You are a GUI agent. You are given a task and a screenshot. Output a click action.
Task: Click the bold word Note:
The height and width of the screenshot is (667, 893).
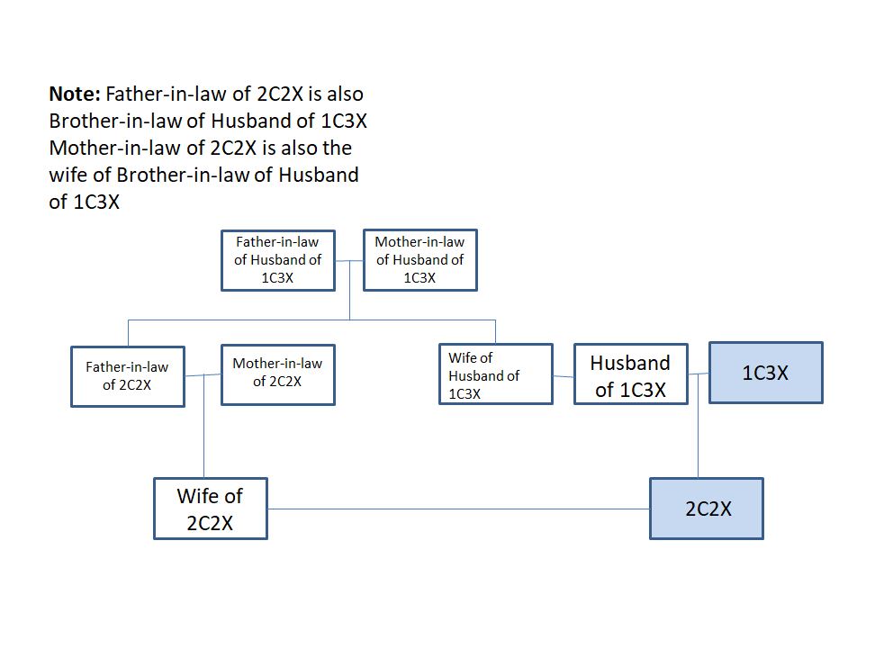coord(76,94)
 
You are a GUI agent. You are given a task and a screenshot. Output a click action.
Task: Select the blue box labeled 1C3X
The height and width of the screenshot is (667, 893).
coord(765,373)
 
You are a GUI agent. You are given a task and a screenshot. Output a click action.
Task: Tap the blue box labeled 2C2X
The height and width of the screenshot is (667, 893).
coord(707,509)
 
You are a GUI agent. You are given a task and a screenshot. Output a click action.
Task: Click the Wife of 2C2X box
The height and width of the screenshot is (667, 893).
coord(210,509)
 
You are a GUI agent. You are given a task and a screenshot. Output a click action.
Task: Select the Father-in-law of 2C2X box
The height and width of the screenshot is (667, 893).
coord(127,376)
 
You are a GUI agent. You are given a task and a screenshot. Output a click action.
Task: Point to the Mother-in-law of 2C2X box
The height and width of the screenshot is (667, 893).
coord(277,374)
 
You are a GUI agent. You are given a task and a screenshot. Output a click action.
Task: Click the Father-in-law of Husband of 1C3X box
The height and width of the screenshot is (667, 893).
coord(277,260)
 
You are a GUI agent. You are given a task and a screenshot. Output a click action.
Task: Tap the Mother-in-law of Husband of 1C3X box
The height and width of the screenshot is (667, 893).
coord(419,260)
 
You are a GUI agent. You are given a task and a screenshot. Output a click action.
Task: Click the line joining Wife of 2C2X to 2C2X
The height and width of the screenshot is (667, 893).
coord(459,509)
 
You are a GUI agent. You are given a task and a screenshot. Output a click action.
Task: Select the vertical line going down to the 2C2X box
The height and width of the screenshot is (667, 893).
coord(699,441)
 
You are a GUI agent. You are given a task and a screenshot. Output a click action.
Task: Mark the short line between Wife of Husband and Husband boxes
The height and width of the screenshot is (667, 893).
coord(564,375)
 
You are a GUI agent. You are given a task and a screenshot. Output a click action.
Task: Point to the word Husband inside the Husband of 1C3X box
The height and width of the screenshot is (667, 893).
coord(630,363)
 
